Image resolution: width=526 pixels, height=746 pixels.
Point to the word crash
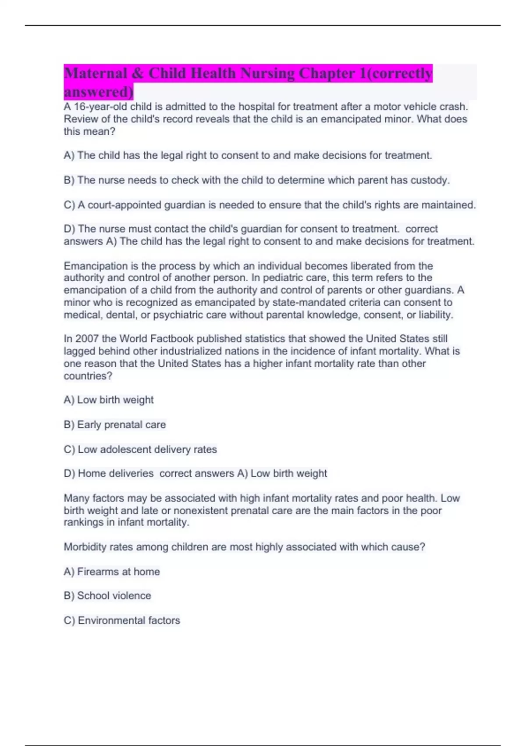[455, 107]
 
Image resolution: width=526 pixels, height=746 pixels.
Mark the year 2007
[87, 339]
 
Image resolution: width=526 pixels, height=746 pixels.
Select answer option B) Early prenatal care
[115, 425]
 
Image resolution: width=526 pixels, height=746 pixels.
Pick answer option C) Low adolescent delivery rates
[140, 449]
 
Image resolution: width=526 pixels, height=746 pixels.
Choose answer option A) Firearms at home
[112, 572]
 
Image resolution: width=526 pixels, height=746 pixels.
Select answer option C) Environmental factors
[122, 620]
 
